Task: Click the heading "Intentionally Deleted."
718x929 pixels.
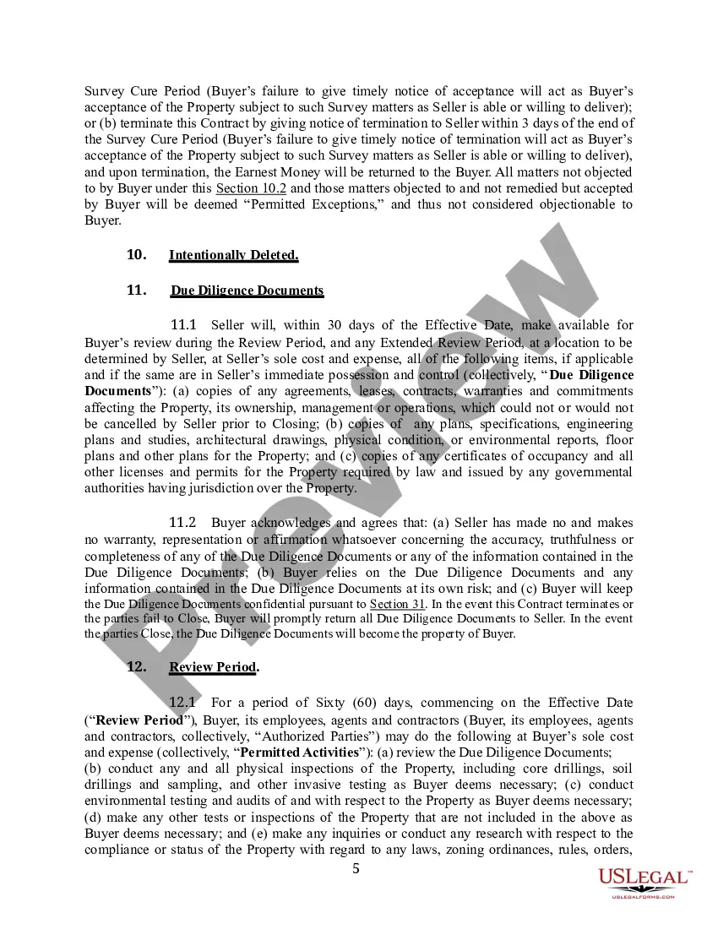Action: (233, 255)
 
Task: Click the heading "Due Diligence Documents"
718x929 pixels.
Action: (247, 291)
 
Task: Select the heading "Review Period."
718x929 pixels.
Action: (214, 667)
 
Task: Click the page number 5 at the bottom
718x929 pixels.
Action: (356, 869)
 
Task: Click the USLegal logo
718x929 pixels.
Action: (645, 877)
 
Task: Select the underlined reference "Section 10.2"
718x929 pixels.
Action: (250, 187)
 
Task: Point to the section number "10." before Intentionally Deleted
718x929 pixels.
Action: (136, 255)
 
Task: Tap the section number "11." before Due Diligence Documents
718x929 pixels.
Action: (136, 291)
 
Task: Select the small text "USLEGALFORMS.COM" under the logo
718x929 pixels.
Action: (644, 896)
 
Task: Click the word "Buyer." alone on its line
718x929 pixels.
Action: (103, 220)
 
